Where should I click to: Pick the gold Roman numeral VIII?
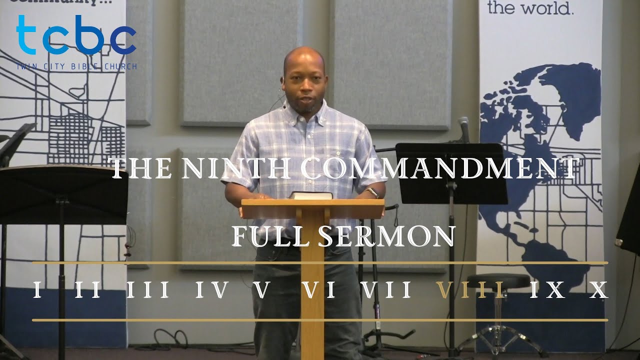(470, 290)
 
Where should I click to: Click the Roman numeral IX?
(547, 290)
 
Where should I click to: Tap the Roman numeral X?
(597, 290)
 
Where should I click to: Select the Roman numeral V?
(261, 290)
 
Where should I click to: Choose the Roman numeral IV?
(212, 290)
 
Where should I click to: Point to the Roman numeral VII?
(386, 290)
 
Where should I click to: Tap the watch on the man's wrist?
(371, 192)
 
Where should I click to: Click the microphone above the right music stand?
(464, 127)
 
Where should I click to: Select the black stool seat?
(498, 281)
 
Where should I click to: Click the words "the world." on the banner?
(530, 8)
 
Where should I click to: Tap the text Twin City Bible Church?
(76, 66)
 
